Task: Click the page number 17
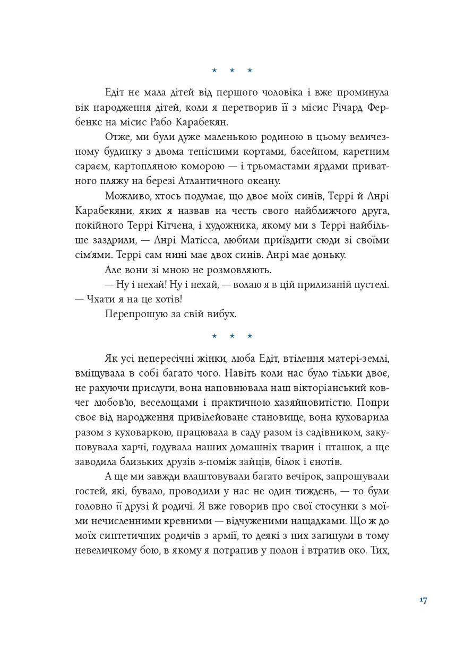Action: [423, 600]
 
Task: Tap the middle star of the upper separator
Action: [232, 70]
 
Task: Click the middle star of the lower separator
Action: [232, 336]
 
